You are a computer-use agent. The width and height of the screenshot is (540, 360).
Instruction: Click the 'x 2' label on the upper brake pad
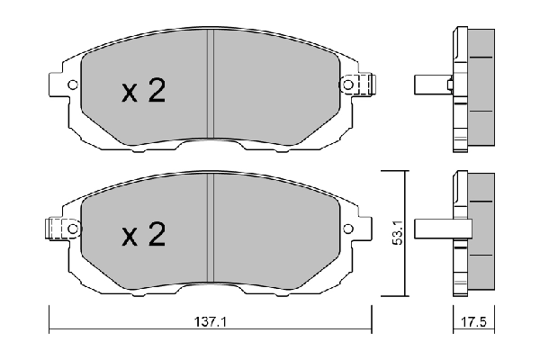coord(144,92)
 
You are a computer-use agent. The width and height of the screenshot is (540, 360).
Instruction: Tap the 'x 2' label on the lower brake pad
coord(144,236)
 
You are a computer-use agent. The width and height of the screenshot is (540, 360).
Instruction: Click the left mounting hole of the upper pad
coord(70,85)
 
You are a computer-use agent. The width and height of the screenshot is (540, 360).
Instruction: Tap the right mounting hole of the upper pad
coord(348,85)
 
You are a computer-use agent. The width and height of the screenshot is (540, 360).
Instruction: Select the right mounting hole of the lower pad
coord(348,229)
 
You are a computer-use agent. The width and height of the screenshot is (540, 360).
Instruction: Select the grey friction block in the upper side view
coord(482,85)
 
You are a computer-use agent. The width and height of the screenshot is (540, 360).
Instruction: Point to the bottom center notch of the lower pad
coord(209,290)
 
